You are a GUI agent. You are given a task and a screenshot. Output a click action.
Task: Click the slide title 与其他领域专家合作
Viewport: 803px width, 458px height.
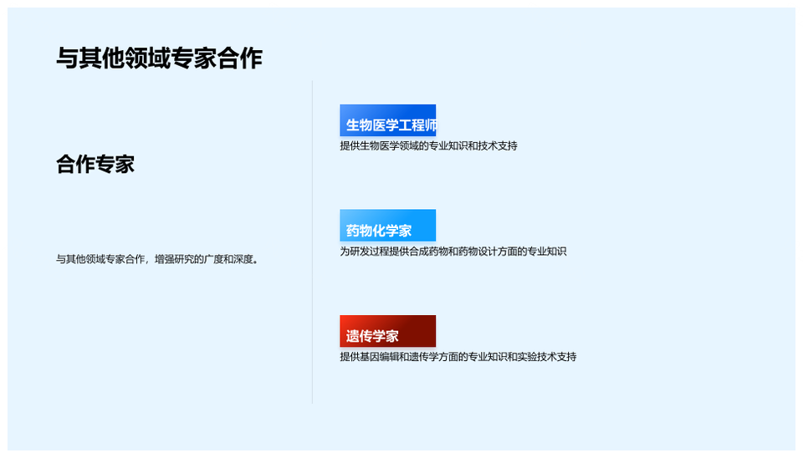coord(159,58)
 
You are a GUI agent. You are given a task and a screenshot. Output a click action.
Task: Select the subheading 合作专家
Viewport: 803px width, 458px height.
coord(95,165)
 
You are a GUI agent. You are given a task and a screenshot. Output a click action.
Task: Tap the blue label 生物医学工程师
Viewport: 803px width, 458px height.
coord(387,121)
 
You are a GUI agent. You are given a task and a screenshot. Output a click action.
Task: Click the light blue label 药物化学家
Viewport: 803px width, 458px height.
coord(387,225)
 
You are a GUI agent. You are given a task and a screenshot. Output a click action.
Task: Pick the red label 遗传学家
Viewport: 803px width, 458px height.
coord(387,331)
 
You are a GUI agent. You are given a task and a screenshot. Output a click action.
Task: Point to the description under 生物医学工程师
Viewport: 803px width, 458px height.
coord(428,146)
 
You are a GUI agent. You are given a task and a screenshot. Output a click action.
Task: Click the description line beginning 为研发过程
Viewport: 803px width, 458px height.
coord(453,252)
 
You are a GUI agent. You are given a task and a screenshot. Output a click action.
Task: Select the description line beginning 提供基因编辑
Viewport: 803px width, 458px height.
coord(458,357)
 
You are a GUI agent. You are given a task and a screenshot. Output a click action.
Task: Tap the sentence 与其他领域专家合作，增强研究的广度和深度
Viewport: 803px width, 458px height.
coord(157,259)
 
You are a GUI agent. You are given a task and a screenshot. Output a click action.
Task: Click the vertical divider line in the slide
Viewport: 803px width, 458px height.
coord(312,242)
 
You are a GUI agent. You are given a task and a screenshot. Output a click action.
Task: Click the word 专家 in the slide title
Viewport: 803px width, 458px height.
coord(193,58)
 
